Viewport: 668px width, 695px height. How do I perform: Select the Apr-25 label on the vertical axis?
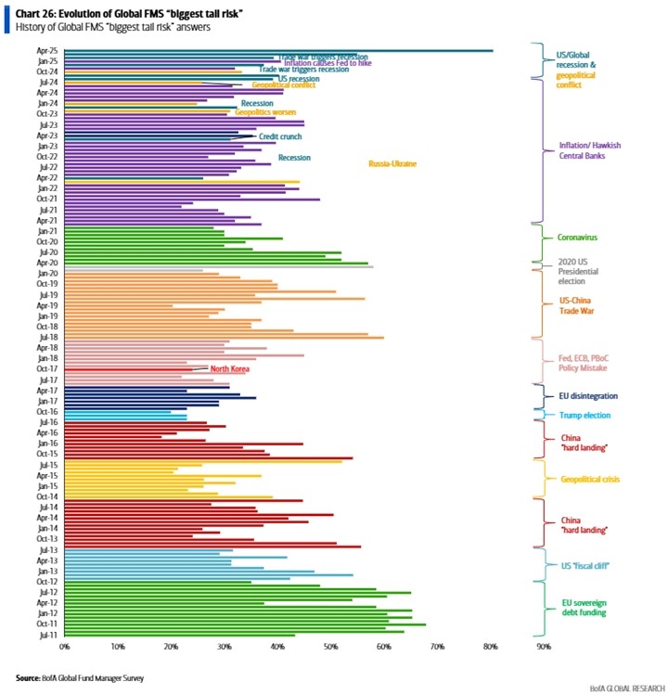pyautogui.click(x=47, y=50)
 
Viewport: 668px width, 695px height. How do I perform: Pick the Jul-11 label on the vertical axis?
pyautogui.click(x=48, y=635)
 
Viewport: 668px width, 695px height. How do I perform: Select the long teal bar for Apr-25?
pyautogui.click(x=278, y=50)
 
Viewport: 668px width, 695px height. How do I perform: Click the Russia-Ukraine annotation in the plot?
pyautogui.click(x=392, y=164)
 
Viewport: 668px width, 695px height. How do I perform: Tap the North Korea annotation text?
pyautogui.click(x=229, y=368)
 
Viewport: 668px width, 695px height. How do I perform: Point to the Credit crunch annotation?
pyautogui.click(x=279, y=136)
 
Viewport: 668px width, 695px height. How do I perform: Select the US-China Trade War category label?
pyautogui.click(x=577, y=306)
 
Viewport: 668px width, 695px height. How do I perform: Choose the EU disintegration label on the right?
pyautogui.click(x=585, y=395)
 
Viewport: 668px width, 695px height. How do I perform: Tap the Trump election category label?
pyautogui.click(x=584, y=415)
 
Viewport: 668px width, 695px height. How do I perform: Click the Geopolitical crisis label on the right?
pyautogui.click(x=591, y=479)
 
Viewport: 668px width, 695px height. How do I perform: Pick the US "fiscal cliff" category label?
pyautogui.click(x=584, y=565)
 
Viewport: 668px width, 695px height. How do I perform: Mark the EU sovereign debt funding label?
pyautogui.click(x=584, y=607)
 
